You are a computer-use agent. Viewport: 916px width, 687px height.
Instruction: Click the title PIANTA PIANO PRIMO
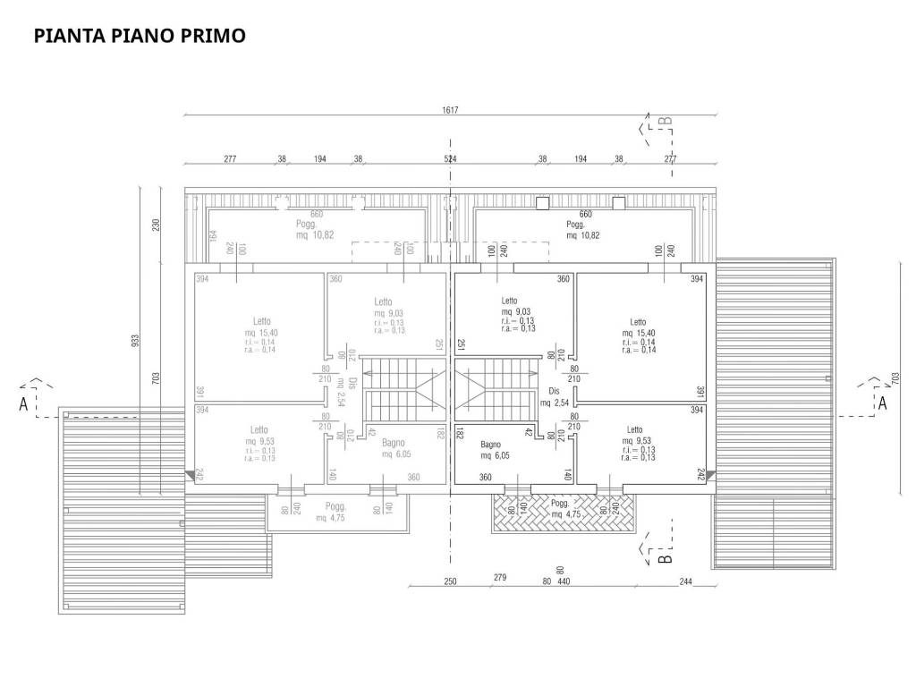click(140, 37)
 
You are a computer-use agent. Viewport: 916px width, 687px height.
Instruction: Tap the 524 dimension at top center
click(450, 158)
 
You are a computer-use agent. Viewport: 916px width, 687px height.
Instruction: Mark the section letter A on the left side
click(22, 403)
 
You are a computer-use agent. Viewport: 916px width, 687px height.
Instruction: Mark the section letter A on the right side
click(882, 403)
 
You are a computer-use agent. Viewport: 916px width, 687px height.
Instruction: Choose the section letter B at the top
click(664, 122)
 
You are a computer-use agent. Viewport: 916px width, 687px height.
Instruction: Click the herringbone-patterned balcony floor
click(562, 513)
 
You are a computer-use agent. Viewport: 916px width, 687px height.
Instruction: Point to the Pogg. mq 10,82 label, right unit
click(582, 229)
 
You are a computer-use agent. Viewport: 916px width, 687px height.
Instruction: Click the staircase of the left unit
click(403, 386)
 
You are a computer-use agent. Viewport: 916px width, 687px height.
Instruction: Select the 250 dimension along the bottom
click(450, 581)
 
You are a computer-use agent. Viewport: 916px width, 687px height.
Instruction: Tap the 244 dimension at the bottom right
click(686, 581)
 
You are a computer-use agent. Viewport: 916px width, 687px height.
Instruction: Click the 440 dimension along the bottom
click(564, 581)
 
